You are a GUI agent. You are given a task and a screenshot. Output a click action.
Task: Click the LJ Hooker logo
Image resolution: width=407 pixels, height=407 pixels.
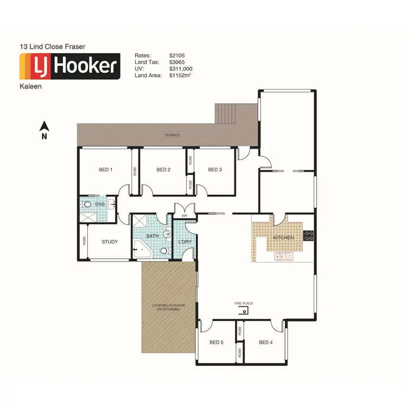(x=69, y=66)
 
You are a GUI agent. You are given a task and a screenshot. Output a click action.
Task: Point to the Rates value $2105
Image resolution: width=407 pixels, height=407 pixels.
(x=177, y=55)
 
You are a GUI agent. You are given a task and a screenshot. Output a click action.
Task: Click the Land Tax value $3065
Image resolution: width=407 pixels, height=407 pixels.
(x=177, y=62)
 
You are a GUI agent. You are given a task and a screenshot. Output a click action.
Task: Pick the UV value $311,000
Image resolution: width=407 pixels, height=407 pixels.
(x=181, y=69)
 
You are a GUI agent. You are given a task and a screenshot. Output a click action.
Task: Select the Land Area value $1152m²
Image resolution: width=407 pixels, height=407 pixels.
(x=181, y=76)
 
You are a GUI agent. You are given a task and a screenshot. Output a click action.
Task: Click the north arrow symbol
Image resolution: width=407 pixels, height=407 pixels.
(x=44, y=128)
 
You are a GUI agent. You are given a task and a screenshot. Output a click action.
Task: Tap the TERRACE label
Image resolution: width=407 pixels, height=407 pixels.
(x=173, y=135)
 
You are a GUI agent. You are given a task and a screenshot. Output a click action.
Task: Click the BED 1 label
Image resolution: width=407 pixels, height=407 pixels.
(x=105, y=170)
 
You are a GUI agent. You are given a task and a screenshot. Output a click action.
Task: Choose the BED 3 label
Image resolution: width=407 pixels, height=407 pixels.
(x=215, y=170)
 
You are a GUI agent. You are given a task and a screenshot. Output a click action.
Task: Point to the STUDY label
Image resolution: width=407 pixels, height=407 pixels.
(x=110, y=242)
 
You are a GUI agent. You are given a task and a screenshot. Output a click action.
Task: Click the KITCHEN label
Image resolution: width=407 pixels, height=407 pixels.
(x=283, y=238)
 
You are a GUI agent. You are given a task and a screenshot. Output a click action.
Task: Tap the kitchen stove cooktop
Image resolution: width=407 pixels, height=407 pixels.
(x=308, y=236)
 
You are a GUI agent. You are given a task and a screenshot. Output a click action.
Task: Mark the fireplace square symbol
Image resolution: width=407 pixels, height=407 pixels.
(x=245, y=311)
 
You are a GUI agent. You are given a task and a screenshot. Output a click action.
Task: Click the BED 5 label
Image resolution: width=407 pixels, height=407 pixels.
(x=216, y=342)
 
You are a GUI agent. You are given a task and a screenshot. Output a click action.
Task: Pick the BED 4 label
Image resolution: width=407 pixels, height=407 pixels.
(x=265, y=342)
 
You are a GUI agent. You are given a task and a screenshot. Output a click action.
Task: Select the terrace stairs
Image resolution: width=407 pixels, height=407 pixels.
(x=226, y=113)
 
